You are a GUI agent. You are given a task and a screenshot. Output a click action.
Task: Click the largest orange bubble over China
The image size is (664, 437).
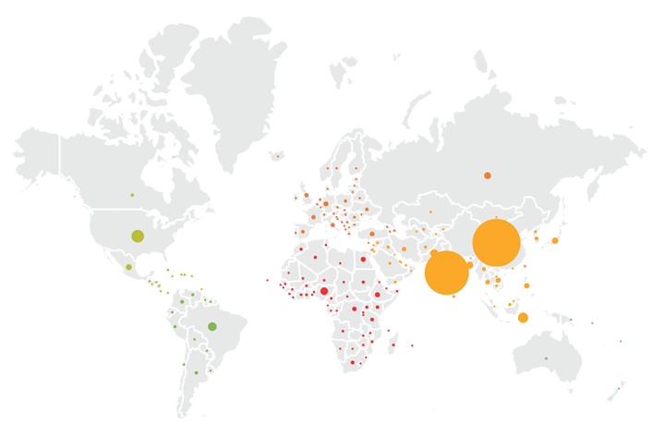tap(497, 243)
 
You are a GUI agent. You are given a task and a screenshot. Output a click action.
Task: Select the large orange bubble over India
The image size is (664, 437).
tap(447, 273)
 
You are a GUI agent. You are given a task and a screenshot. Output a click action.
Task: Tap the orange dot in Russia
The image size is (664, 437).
tap(488, 176)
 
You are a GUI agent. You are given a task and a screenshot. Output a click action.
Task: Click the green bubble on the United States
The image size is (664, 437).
tap(138, 236)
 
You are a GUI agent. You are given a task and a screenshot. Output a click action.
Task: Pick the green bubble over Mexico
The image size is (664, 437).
tap(128, 267)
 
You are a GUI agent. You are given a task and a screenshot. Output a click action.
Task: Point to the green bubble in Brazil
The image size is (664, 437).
tap(212, 326)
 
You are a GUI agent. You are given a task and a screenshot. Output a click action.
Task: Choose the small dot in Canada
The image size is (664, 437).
tap(132, 195)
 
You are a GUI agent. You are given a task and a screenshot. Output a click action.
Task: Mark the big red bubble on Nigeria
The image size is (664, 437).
tap(324, 291)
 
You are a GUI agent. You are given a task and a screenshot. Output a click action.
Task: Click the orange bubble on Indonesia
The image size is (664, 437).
tap(523, 318)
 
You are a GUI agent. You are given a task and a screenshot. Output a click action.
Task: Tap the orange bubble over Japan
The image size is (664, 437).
tap(555, 240)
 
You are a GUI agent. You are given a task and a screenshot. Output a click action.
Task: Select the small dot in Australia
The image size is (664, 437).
tap(546, 358)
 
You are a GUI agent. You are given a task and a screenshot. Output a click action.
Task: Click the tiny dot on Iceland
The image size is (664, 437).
tap(277, 156)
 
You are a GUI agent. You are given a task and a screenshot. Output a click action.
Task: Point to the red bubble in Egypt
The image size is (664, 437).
tap(363, 260)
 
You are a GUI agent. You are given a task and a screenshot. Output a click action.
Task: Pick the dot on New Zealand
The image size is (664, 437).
tap(619, 389)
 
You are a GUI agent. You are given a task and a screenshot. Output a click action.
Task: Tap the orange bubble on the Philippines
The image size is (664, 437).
tap(526, 285)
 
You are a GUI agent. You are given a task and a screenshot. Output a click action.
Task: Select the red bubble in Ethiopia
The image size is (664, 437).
tap(378, 295)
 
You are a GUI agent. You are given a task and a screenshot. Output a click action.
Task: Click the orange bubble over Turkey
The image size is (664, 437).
tap(372, 234)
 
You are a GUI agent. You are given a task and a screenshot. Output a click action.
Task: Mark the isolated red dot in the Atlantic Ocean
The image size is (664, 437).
tap(267, 280)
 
